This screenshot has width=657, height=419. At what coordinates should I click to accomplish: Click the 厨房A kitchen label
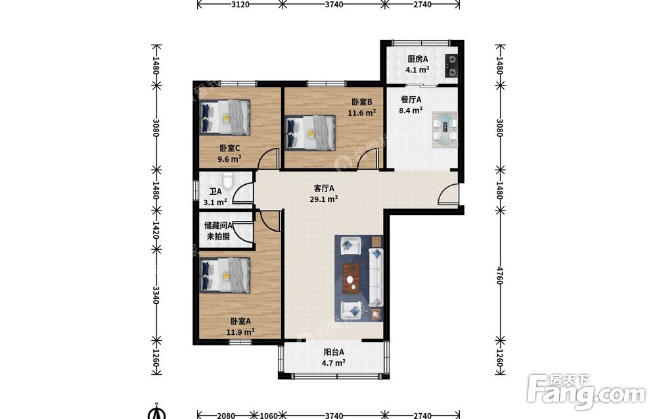click(417, 59)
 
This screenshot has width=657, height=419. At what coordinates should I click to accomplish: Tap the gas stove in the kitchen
click(451, 66)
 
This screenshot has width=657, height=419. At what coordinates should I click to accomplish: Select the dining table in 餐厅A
click(445, 129)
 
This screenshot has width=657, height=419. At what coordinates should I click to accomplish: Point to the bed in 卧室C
click(225, 117)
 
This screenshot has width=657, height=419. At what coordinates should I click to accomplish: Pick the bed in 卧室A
click(225, 275)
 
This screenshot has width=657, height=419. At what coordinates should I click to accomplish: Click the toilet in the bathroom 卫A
click(227, 180)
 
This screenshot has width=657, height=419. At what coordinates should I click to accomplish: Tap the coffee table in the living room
click(352, 278)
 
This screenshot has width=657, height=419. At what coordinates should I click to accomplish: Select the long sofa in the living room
click(376, 276)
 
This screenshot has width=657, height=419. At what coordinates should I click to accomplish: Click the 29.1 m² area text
click(324, 199)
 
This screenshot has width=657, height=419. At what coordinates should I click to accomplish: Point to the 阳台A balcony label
click(334, 353)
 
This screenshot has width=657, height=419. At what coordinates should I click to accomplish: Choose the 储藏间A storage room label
click(218, 225)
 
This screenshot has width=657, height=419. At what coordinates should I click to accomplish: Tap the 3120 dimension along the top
click(240, 5)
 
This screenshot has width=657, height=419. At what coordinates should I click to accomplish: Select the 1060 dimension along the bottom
click(269, 415)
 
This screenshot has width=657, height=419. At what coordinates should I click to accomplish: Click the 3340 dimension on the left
click(156, 295)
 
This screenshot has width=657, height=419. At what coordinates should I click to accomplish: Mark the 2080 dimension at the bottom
click(226, 415)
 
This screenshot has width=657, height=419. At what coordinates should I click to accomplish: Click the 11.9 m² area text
click(240, 332)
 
